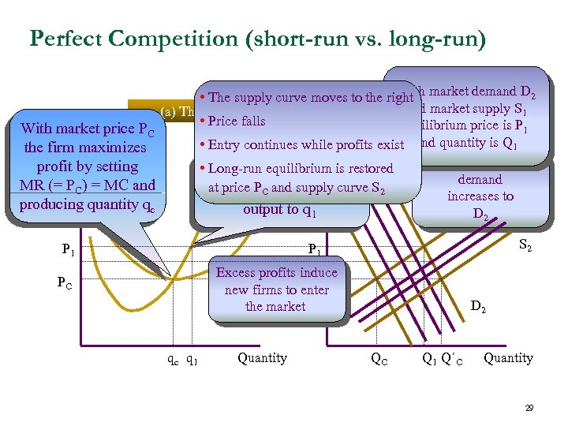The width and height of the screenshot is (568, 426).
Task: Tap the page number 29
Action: (x=529, y=408)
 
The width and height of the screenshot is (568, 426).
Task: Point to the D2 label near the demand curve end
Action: (x=478, y=305)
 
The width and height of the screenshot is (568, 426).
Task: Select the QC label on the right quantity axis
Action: (x=379, y=359)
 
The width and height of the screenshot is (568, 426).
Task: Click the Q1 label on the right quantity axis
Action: (x=429, y=359)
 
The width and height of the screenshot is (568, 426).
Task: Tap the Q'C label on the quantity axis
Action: (x=452, y=359)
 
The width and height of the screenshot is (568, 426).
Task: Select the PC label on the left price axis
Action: (x=64, y=281)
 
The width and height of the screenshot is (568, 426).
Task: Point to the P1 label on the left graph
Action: (x=69, y=250)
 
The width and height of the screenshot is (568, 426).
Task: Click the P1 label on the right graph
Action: (x=314, y=250)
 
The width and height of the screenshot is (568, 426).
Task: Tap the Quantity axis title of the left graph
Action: (x=262, y=358)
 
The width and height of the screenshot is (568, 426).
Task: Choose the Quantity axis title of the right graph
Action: (x=507, y=358)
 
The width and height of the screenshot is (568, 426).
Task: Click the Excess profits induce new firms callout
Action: (x=276, y=289)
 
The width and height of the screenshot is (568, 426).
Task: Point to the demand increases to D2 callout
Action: (x=480, y=196)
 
